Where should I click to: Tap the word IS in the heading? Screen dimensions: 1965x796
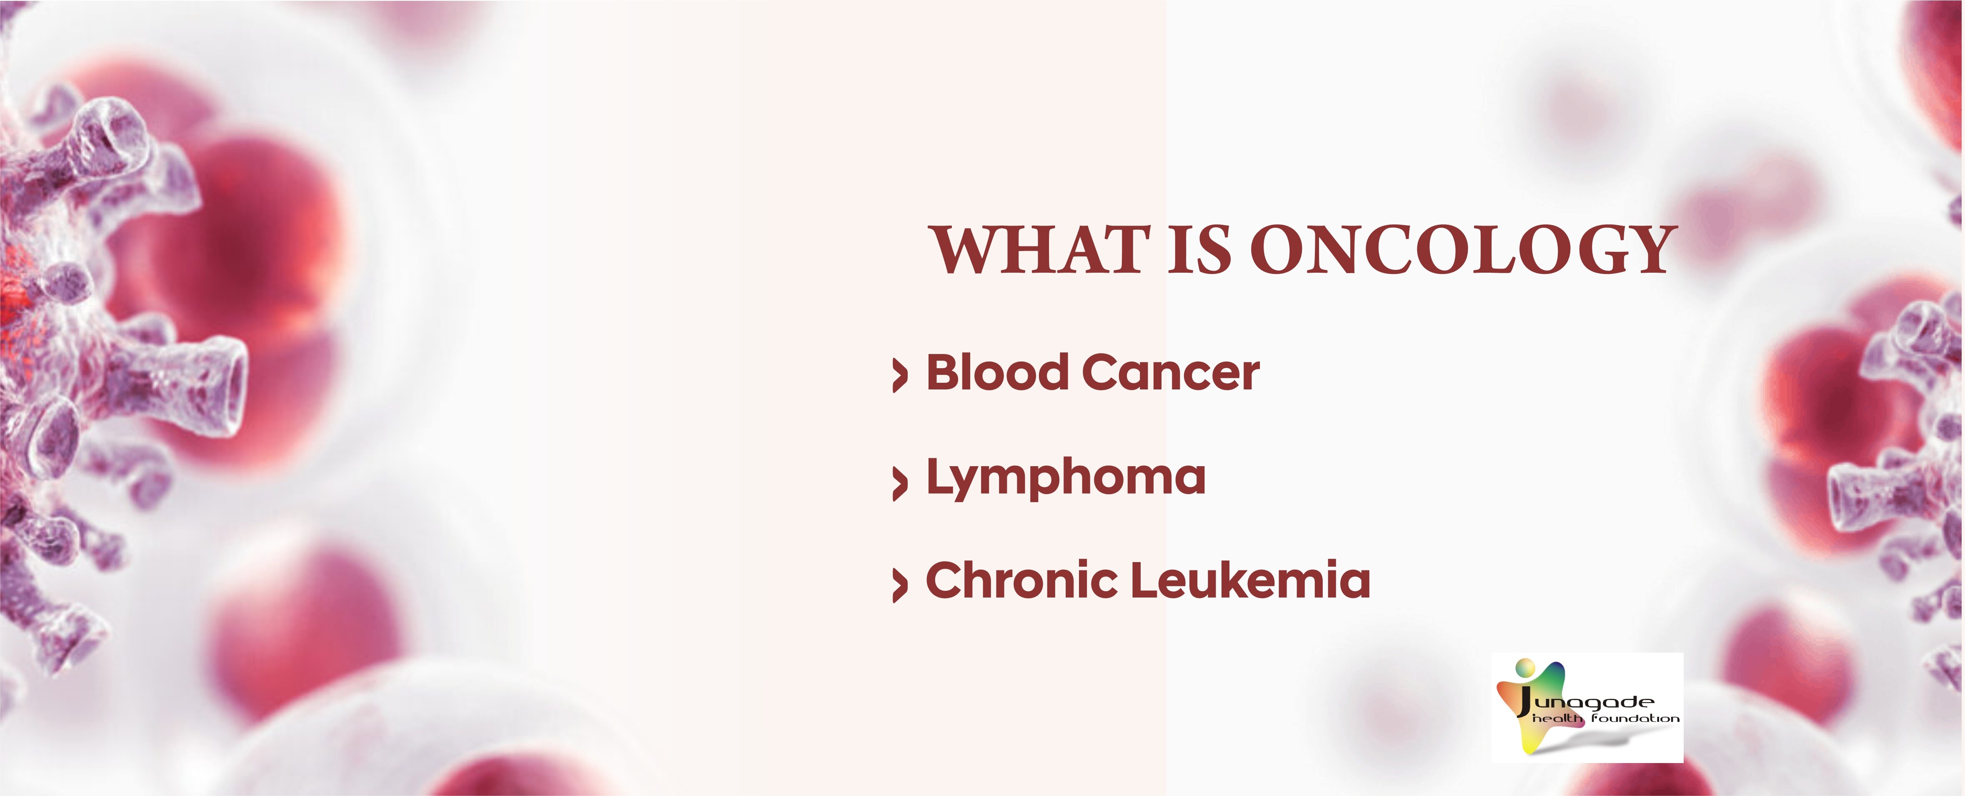1199,250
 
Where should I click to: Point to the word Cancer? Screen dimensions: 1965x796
1171,373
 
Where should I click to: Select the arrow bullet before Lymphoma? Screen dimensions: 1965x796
900,482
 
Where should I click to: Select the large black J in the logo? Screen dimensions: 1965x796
1524,702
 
